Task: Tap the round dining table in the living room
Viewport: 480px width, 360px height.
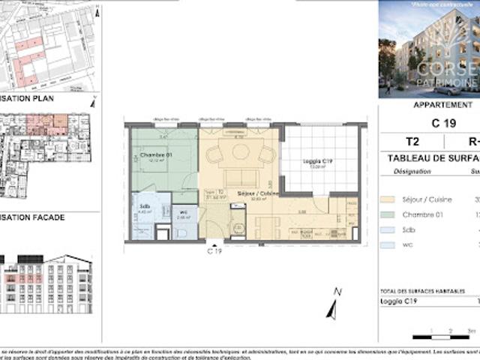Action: coord(241,151)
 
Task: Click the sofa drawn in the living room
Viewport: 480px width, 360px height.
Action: coord(240,178)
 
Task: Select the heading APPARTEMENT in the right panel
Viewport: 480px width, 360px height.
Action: coord(442,105)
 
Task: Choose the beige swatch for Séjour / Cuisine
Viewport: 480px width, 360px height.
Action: coord(387,199)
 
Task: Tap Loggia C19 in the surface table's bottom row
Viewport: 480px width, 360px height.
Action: coord(400,301)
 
